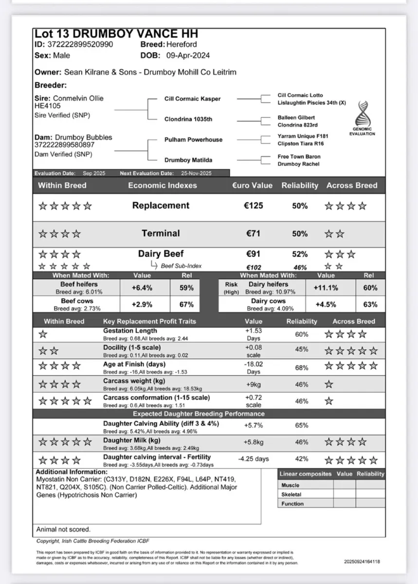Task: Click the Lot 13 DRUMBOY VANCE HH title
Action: (116, 34)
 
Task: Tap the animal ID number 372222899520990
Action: (80, 45)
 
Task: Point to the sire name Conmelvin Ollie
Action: (78, 98)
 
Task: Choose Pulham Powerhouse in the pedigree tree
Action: (193, 140)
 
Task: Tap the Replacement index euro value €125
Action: (253, 206)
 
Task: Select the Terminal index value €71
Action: (253, 234)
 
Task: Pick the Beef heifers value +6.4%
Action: (142, 288)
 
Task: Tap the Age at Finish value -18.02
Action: (253, 364)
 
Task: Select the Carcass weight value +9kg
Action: (253, 384)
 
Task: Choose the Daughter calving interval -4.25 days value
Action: (254, 459)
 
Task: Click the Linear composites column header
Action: (306, 474)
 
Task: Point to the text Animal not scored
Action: (63, 529)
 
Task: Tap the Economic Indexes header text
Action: (163, 185)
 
